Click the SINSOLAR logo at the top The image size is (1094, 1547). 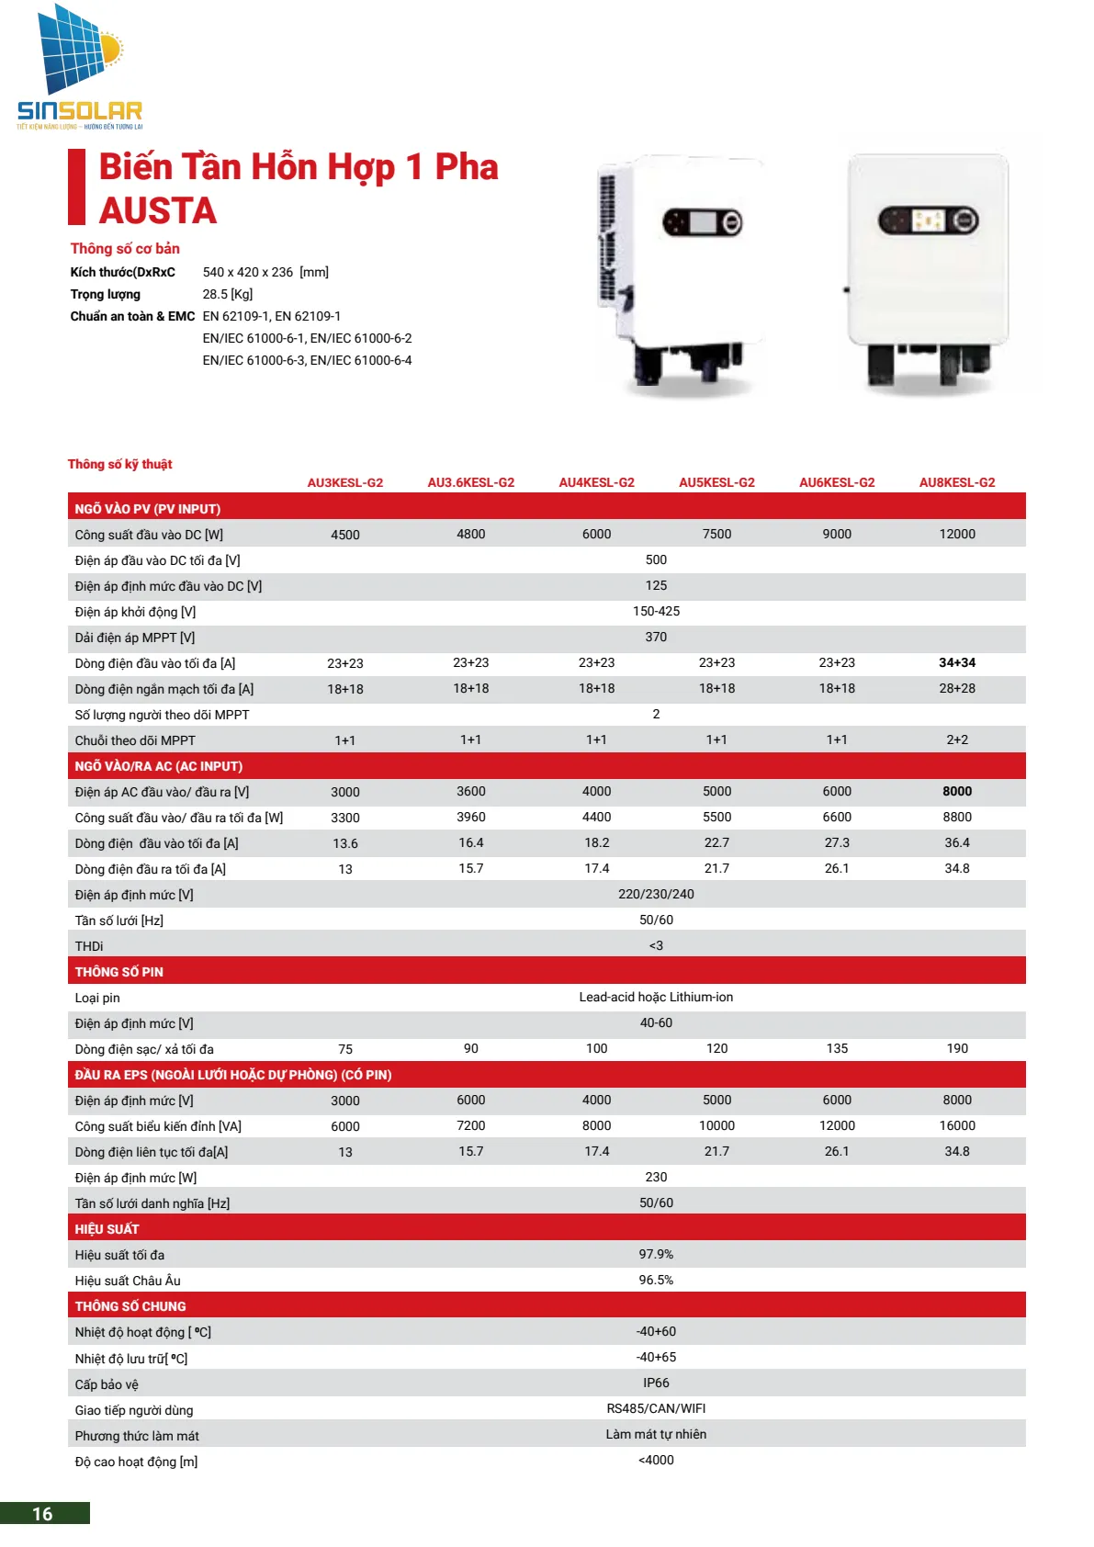[79, 69]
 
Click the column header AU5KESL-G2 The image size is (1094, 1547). [716, 482]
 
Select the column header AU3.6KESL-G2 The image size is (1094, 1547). [470, 482]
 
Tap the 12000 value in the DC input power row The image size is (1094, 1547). [956, 534]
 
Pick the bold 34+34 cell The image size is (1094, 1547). [956, 662]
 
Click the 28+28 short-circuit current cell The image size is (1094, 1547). [956, 688]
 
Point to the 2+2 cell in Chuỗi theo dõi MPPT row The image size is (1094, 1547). [956, 740]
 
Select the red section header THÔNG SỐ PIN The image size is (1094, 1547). [119, 971]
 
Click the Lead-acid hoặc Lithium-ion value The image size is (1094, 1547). [656, 997]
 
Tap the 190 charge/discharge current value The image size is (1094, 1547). [956, 1048]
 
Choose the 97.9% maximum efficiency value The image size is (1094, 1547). [656, 1254]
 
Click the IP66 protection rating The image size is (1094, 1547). [656, 1383]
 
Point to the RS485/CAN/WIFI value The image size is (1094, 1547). [656, 1408]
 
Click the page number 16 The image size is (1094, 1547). [43, 1514]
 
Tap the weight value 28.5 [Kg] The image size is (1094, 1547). [228, 294]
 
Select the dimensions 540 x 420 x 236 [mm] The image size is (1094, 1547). [265, 272]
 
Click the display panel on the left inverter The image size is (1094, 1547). [703, 222]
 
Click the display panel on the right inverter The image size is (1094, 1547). [928, 220]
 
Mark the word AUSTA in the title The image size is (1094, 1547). [158, 210]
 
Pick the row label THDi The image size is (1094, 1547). [89, 946]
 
